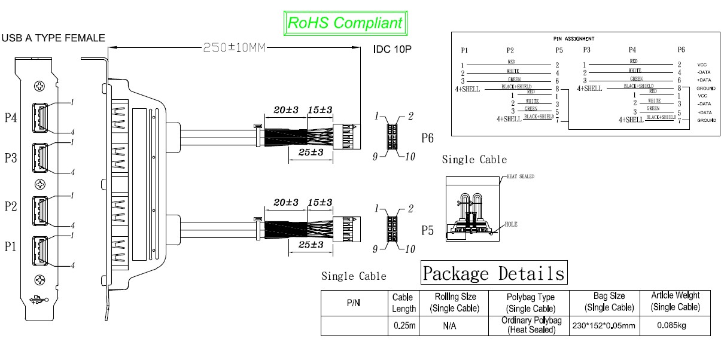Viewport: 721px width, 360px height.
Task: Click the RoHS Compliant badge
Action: click(345, 23)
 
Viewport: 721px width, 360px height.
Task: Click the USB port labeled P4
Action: click(40, 117)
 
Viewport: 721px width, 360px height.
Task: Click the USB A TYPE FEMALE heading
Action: click(54, 38)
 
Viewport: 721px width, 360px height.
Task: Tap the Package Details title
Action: click(494, 273)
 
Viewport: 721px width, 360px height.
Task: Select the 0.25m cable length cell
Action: click(404, 326)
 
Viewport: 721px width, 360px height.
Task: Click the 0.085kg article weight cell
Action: click(674, 326)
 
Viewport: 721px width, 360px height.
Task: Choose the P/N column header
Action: click(354, 303)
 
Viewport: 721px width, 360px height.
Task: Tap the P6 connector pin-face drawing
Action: click(393, 136)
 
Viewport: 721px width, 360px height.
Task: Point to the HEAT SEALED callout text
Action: click(520, 176)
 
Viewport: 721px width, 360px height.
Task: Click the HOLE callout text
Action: click(510, 224)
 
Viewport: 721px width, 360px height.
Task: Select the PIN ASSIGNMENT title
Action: click(574, 38)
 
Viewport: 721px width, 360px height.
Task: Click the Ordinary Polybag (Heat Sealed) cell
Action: click(522, 326)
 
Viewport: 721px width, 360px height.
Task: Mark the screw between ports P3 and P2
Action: click(40, 184)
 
